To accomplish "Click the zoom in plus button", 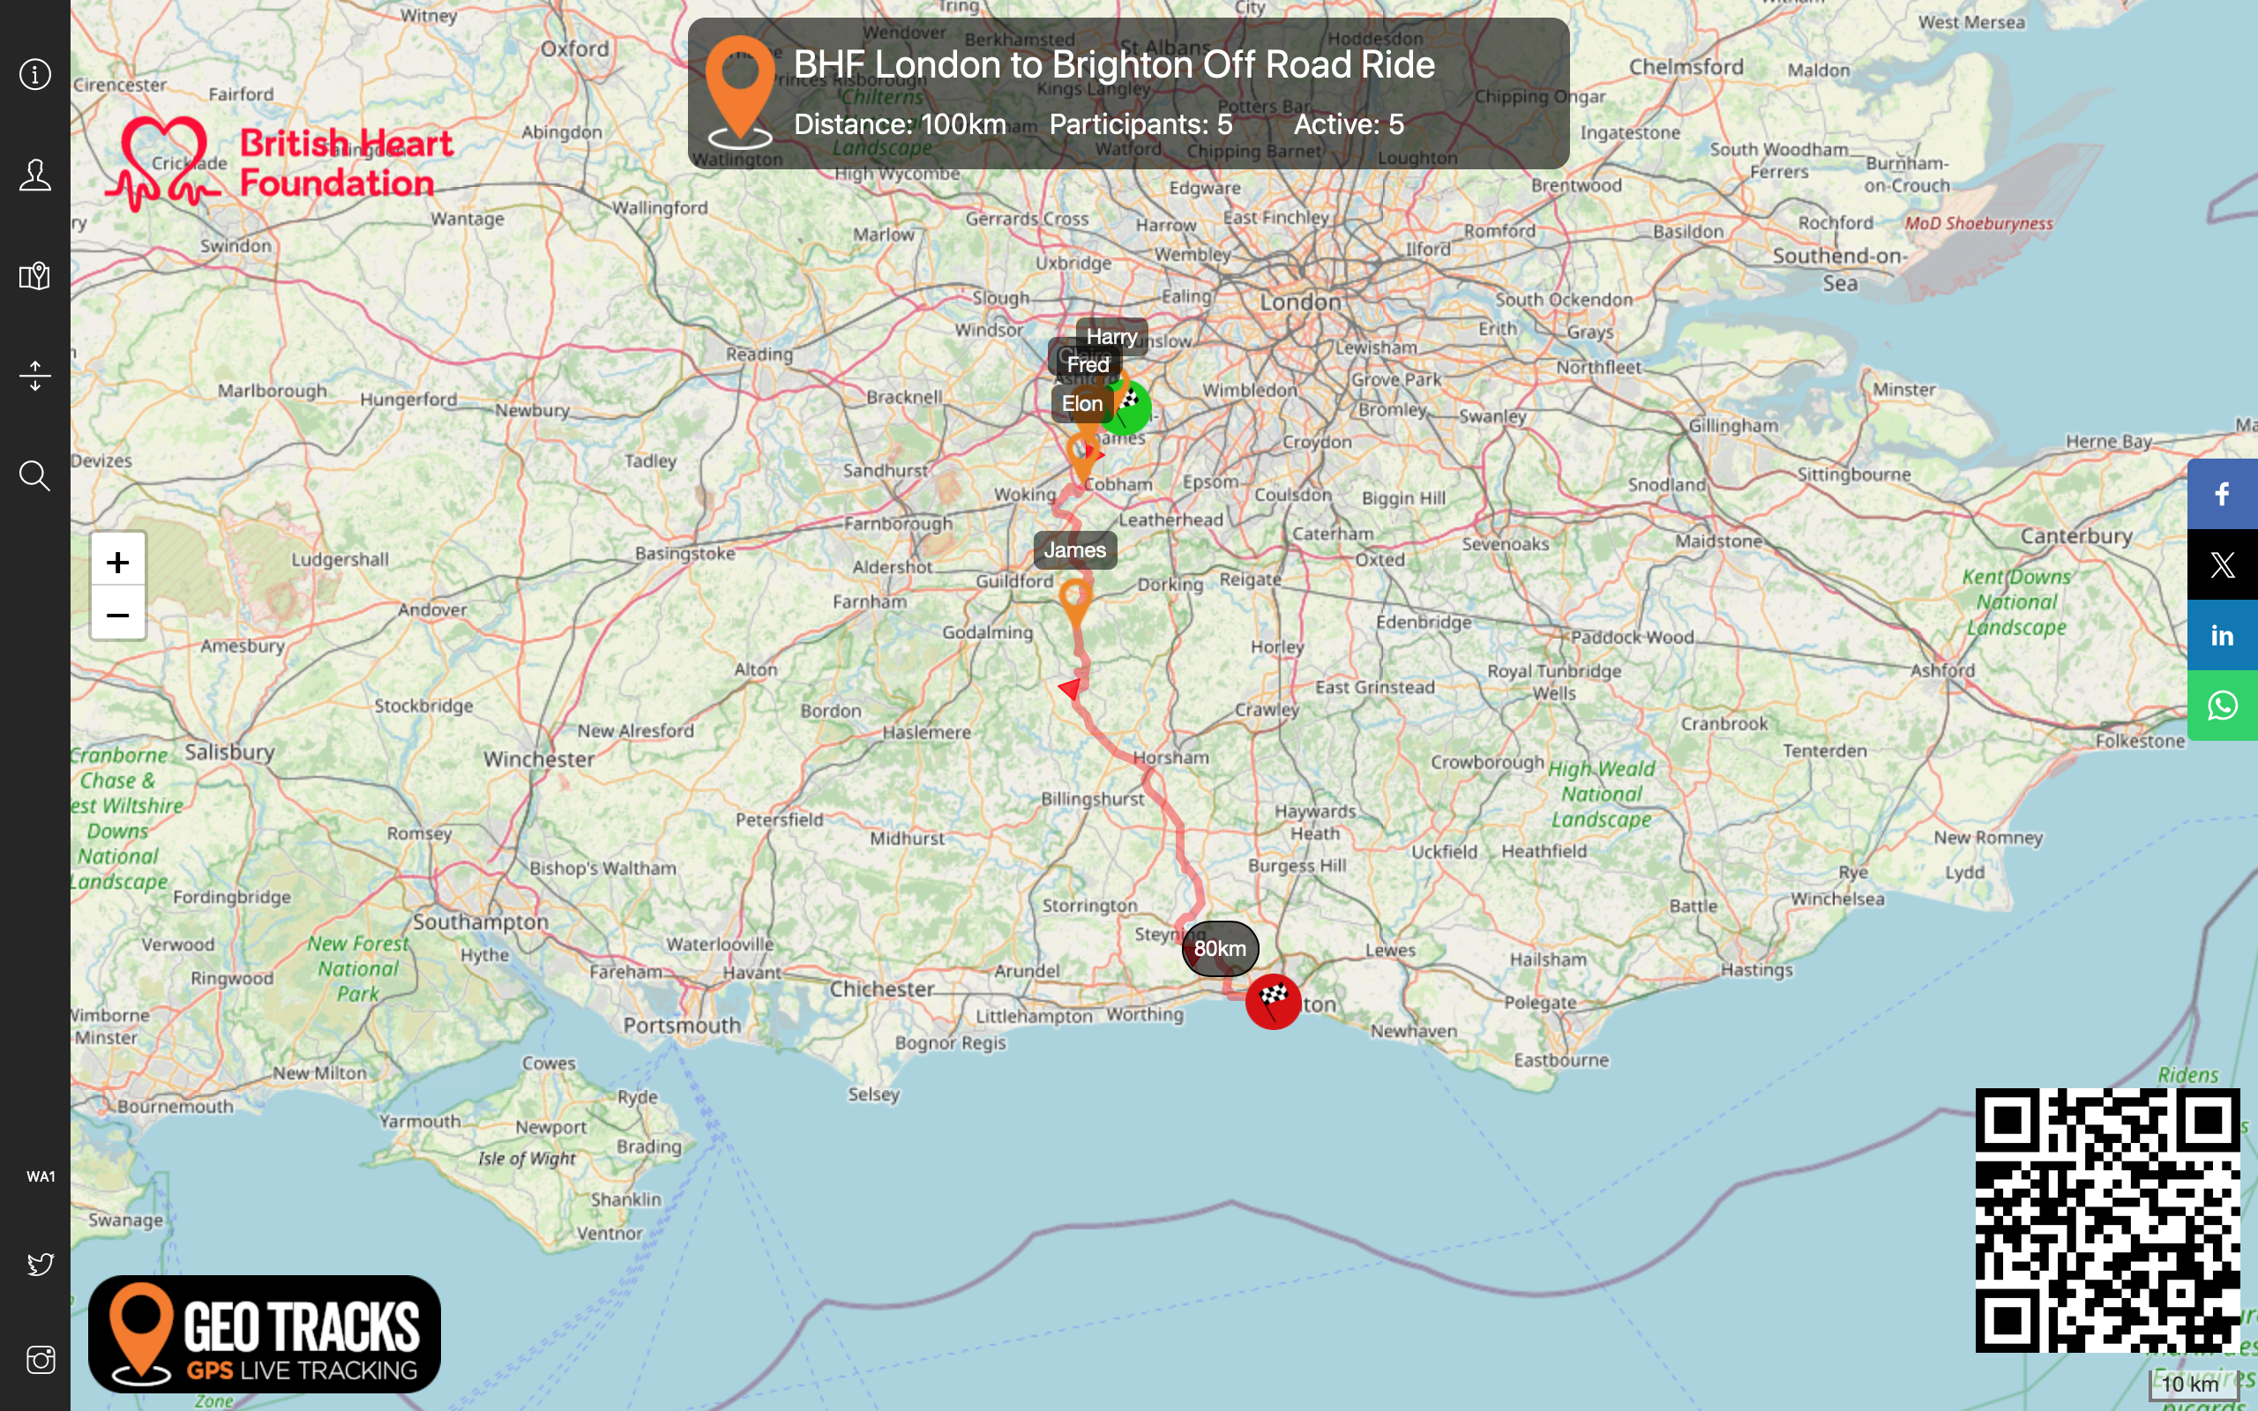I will tap(117, 562).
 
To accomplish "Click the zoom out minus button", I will tap(117, 615).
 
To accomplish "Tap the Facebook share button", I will tap(2222, 494).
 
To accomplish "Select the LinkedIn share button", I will tap(2222, 636).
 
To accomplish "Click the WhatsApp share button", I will tap(2222, 705).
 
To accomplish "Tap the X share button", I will tap(2222, 564).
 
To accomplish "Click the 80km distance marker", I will tap(1220, 948).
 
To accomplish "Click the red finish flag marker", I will tap(1273, 1001).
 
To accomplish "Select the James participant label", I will tap(1075, 550).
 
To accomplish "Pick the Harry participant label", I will tap(1111, 336).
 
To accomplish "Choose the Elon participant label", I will tap(1081, 404).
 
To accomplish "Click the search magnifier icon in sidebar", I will tap(34, 476).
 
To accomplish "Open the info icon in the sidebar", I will tap(34, 75).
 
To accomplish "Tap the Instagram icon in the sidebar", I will tap(40, 1360).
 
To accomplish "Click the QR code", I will tap(2107, 1220).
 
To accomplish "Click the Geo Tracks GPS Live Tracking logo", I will tap(264, 1333).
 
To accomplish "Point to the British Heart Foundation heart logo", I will tap(164, 163).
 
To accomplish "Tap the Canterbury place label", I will tap(2076, 535).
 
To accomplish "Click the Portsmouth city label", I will tap(682, 1025).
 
